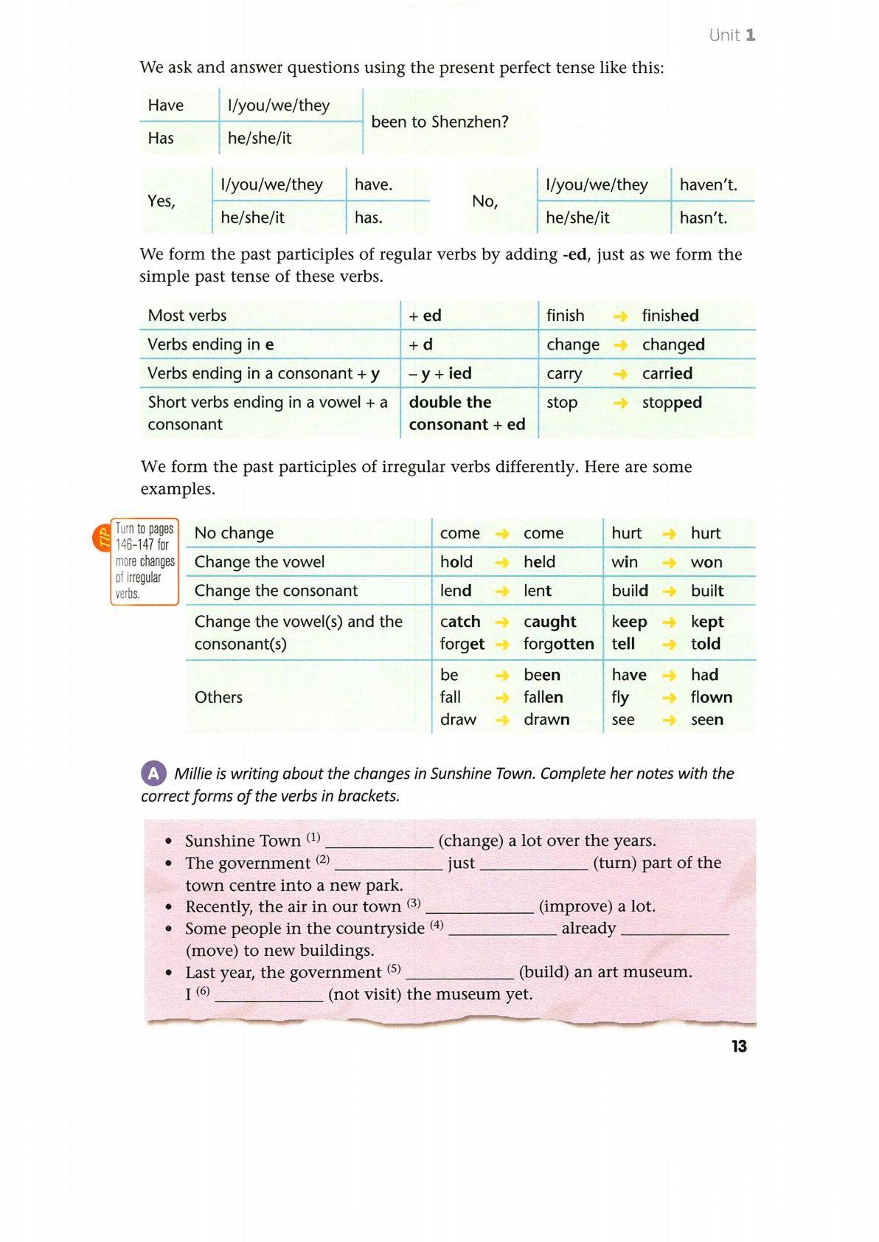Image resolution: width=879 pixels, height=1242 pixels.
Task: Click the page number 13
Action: tap(739, 1046)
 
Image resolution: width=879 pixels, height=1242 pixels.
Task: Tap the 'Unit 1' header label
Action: tap(732, 35)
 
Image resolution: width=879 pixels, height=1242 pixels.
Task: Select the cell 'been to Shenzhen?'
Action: tap(439, 122)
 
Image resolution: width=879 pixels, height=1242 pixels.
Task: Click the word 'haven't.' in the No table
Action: tap(708, 184)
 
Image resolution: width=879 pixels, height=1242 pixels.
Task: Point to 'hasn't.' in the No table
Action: tap(703, 218)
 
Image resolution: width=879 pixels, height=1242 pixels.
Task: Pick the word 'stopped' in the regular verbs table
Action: tap(671, 403)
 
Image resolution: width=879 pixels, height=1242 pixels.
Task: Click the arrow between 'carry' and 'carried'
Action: tap(621, 374)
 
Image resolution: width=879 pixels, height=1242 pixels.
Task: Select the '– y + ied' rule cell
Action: tap(440, 373)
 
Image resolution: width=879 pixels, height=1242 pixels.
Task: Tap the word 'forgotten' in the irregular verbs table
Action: tap(558, 644)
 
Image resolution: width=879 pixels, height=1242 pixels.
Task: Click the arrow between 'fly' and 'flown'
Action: tap(669, 698)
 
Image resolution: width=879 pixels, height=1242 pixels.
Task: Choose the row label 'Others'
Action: tap(218, 697)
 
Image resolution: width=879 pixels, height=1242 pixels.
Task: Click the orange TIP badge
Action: tap(102, 538)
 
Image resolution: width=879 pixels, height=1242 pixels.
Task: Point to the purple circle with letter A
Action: tap(153, 773)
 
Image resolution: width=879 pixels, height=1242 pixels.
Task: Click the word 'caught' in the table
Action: tap(549, 622)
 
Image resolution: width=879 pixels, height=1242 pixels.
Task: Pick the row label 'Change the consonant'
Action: tap(276, 591)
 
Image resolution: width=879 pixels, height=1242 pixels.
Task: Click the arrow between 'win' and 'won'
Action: tap(669, 563)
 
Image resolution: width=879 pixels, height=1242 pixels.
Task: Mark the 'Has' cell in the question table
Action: tap(161, 138)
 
